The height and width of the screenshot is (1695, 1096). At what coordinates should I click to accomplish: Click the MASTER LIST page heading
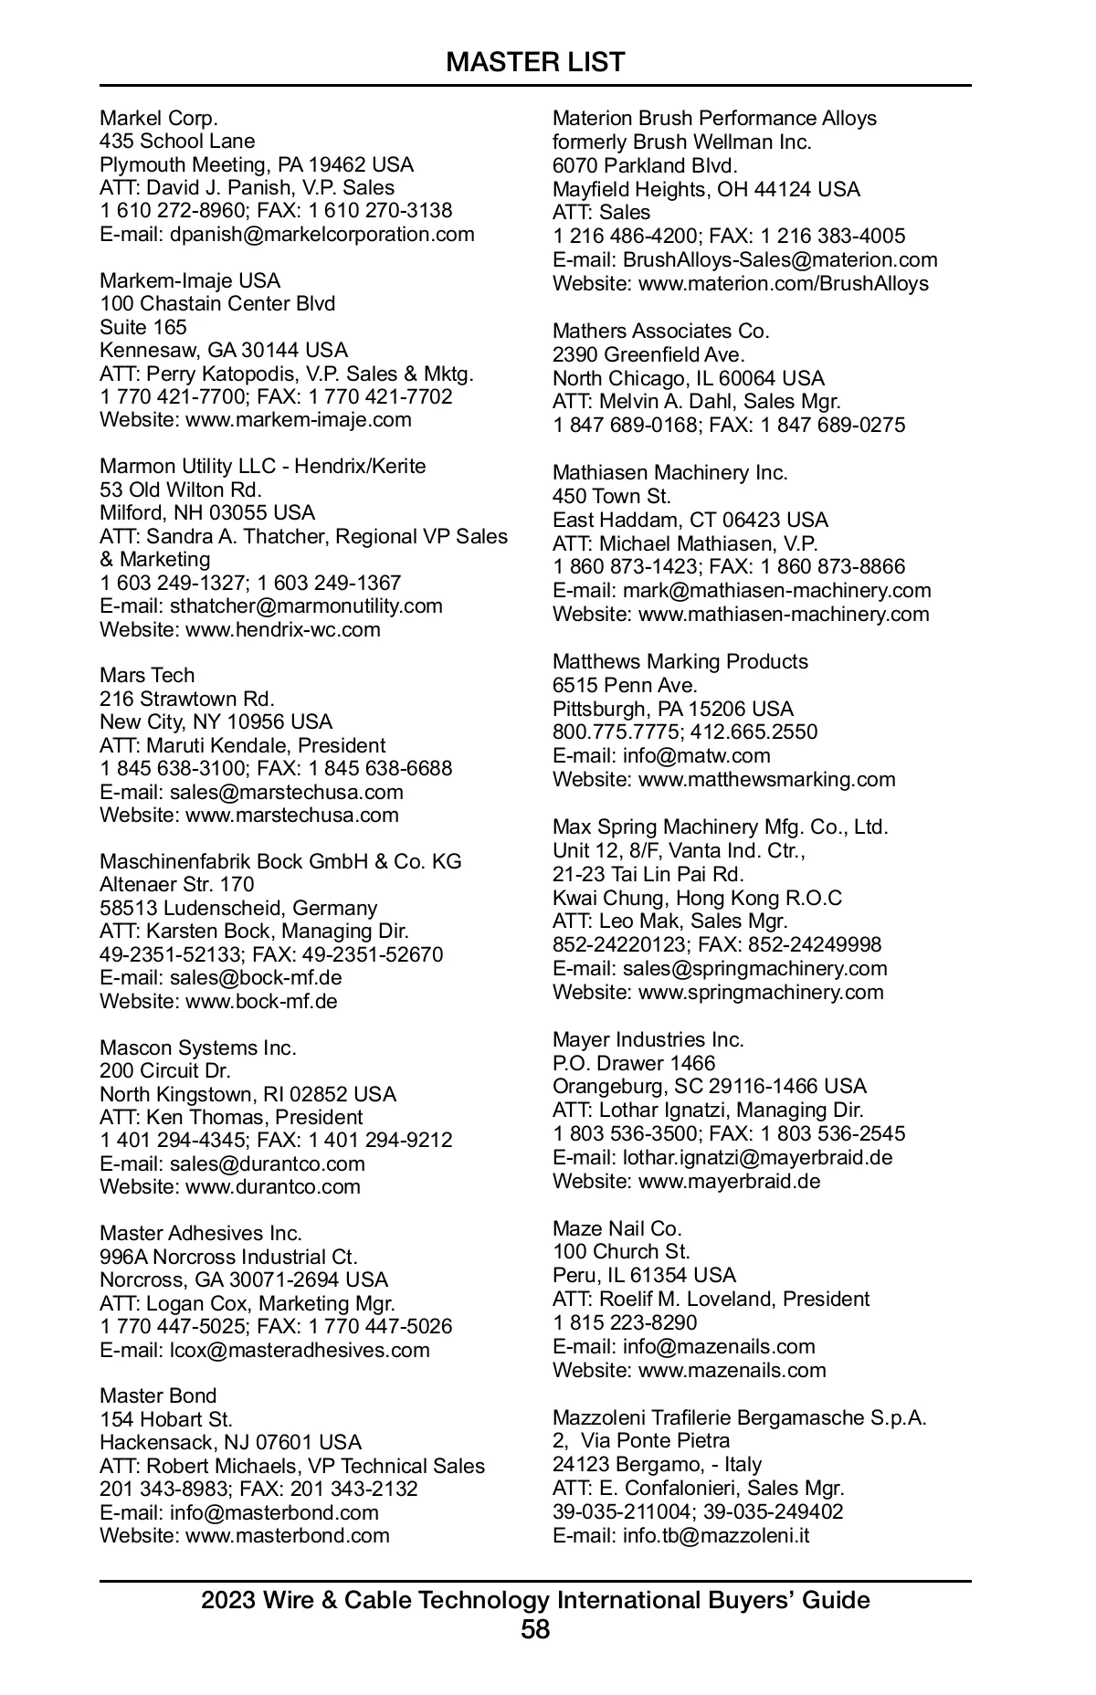535,62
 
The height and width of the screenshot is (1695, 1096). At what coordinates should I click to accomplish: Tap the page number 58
535,1630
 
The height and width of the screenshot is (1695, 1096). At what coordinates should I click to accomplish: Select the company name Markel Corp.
159,118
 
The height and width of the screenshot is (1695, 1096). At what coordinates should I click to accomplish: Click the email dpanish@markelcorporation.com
321,234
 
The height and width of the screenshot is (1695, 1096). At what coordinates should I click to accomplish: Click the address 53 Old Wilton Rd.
181,490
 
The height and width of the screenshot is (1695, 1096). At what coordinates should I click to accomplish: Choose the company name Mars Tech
147,675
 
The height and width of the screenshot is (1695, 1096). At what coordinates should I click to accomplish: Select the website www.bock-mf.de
261,1001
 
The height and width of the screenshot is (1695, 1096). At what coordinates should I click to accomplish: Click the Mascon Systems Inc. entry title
198,1048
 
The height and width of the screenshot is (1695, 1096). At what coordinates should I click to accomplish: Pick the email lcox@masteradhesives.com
300,1350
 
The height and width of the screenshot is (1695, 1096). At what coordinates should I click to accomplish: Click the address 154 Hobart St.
166,1419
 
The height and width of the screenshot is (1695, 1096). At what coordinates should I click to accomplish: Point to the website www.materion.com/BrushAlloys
783,283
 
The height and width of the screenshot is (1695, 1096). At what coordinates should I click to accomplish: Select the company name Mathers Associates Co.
661,331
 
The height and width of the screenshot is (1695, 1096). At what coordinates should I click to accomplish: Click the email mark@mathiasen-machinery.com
776,590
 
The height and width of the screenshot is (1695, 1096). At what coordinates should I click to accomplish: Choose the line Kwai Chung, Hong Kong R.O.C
698,898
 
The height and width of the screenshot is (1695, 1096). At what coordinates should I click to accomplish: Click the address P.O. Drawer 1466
634,1063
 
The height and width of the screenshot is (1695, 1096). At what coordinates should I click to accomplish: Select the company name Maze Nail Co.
617,1228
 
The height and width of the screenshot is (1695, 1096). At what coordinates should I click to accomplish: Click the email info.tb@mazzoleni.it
716,1535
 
